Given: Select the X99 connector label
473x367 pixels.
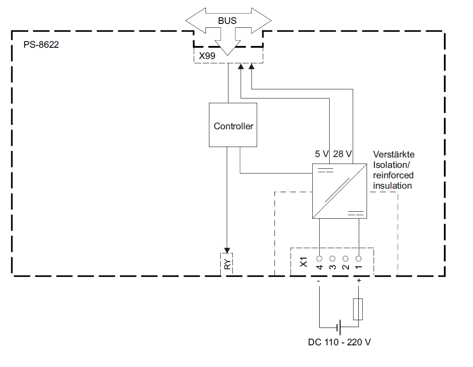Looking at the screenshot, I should pyautogui.click(x=207, y=56).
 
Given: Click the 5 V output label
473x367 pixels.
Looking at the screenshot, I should pyautogui.click(x=322, y=154).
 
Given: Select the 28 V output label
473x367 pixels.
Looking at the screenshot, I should pyautogui.click(x=342, y=154).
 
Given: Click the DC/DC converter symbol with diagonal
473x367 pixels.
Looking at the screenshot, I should pyautogui.click(x=340, y=191).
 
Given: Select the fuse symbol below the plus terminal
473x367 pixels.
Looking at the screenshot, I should pyautogui.click(x=358, y=309).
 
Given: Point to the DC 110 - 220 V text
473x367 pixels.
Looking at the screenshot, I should pyautogui.click(x=339, y=342).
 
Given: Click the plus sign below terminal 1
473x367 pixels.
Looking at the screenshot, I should pyautogui.click(x=359, y=281).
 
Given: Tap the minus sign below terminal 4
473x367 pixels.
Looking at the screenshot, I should pyautogui.click(x=319, y=281).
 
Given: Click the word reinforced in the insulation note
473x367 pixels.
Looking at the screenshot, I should pyautogui.click(x=393, y=176).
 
